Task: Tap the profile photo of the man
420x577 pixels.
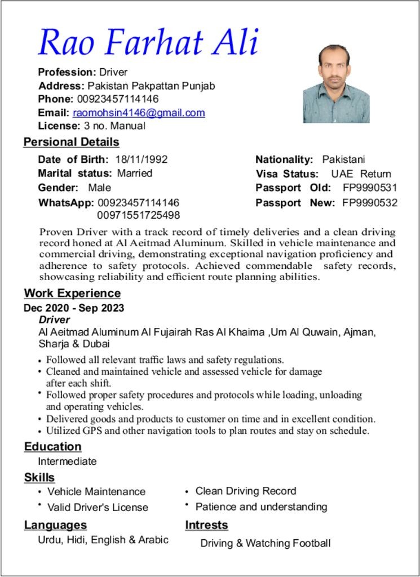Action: pyautogui.click(x=336, y=84)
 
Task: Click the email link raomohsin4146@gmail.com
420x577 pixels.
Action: pyautogui.click(x=139, y=113)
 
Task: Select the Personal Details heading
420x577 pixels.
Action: pyautogui.click(x=71, y=142)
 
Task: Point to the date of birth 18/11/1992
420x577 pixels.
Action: pyautogui.click(x=141, y=159)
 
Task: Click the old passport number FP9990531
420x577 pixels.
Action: pyautogui.click(x=370, y=188)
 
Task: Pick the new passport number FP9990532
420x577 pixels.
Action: pyautogui.click(x=370, y=203)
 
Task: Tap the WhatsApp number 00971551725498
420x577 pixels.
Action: pyautogui.click(x=139, y=215)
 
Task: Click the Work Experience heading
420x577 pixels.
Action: pyautogui.click(x=72, y=293)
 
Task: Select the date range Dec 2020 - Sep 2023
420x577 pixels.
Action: pyautogui.click(x=74, y=308)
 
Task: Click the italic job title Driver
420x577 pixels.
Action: pyautogui.click(x=54, y=320)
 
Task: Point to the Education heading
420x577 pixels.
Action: pyautogui.click(x=52, y=447)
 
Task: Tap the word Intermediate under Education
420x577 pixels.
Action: pyautogui.click(x=67, y=461)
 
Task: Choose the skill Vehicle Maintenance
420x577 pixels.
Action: pyautogui.click(x=96, y=492)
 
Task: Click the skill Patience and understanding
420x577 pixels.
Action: pyautogui.click(x=261, y=507)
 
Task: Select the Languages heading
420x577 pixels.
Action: pyautogui.click(x=55, y=525)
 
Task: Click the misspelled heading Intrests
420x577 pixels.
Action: pyautogui.click(x=206, y=525)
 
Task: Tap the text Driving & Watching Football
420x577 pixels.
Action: pyautogui.click(x=265, y=543)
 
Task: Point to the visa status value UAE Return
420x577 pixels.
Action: pyautogui.click(x=361, y=174)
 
